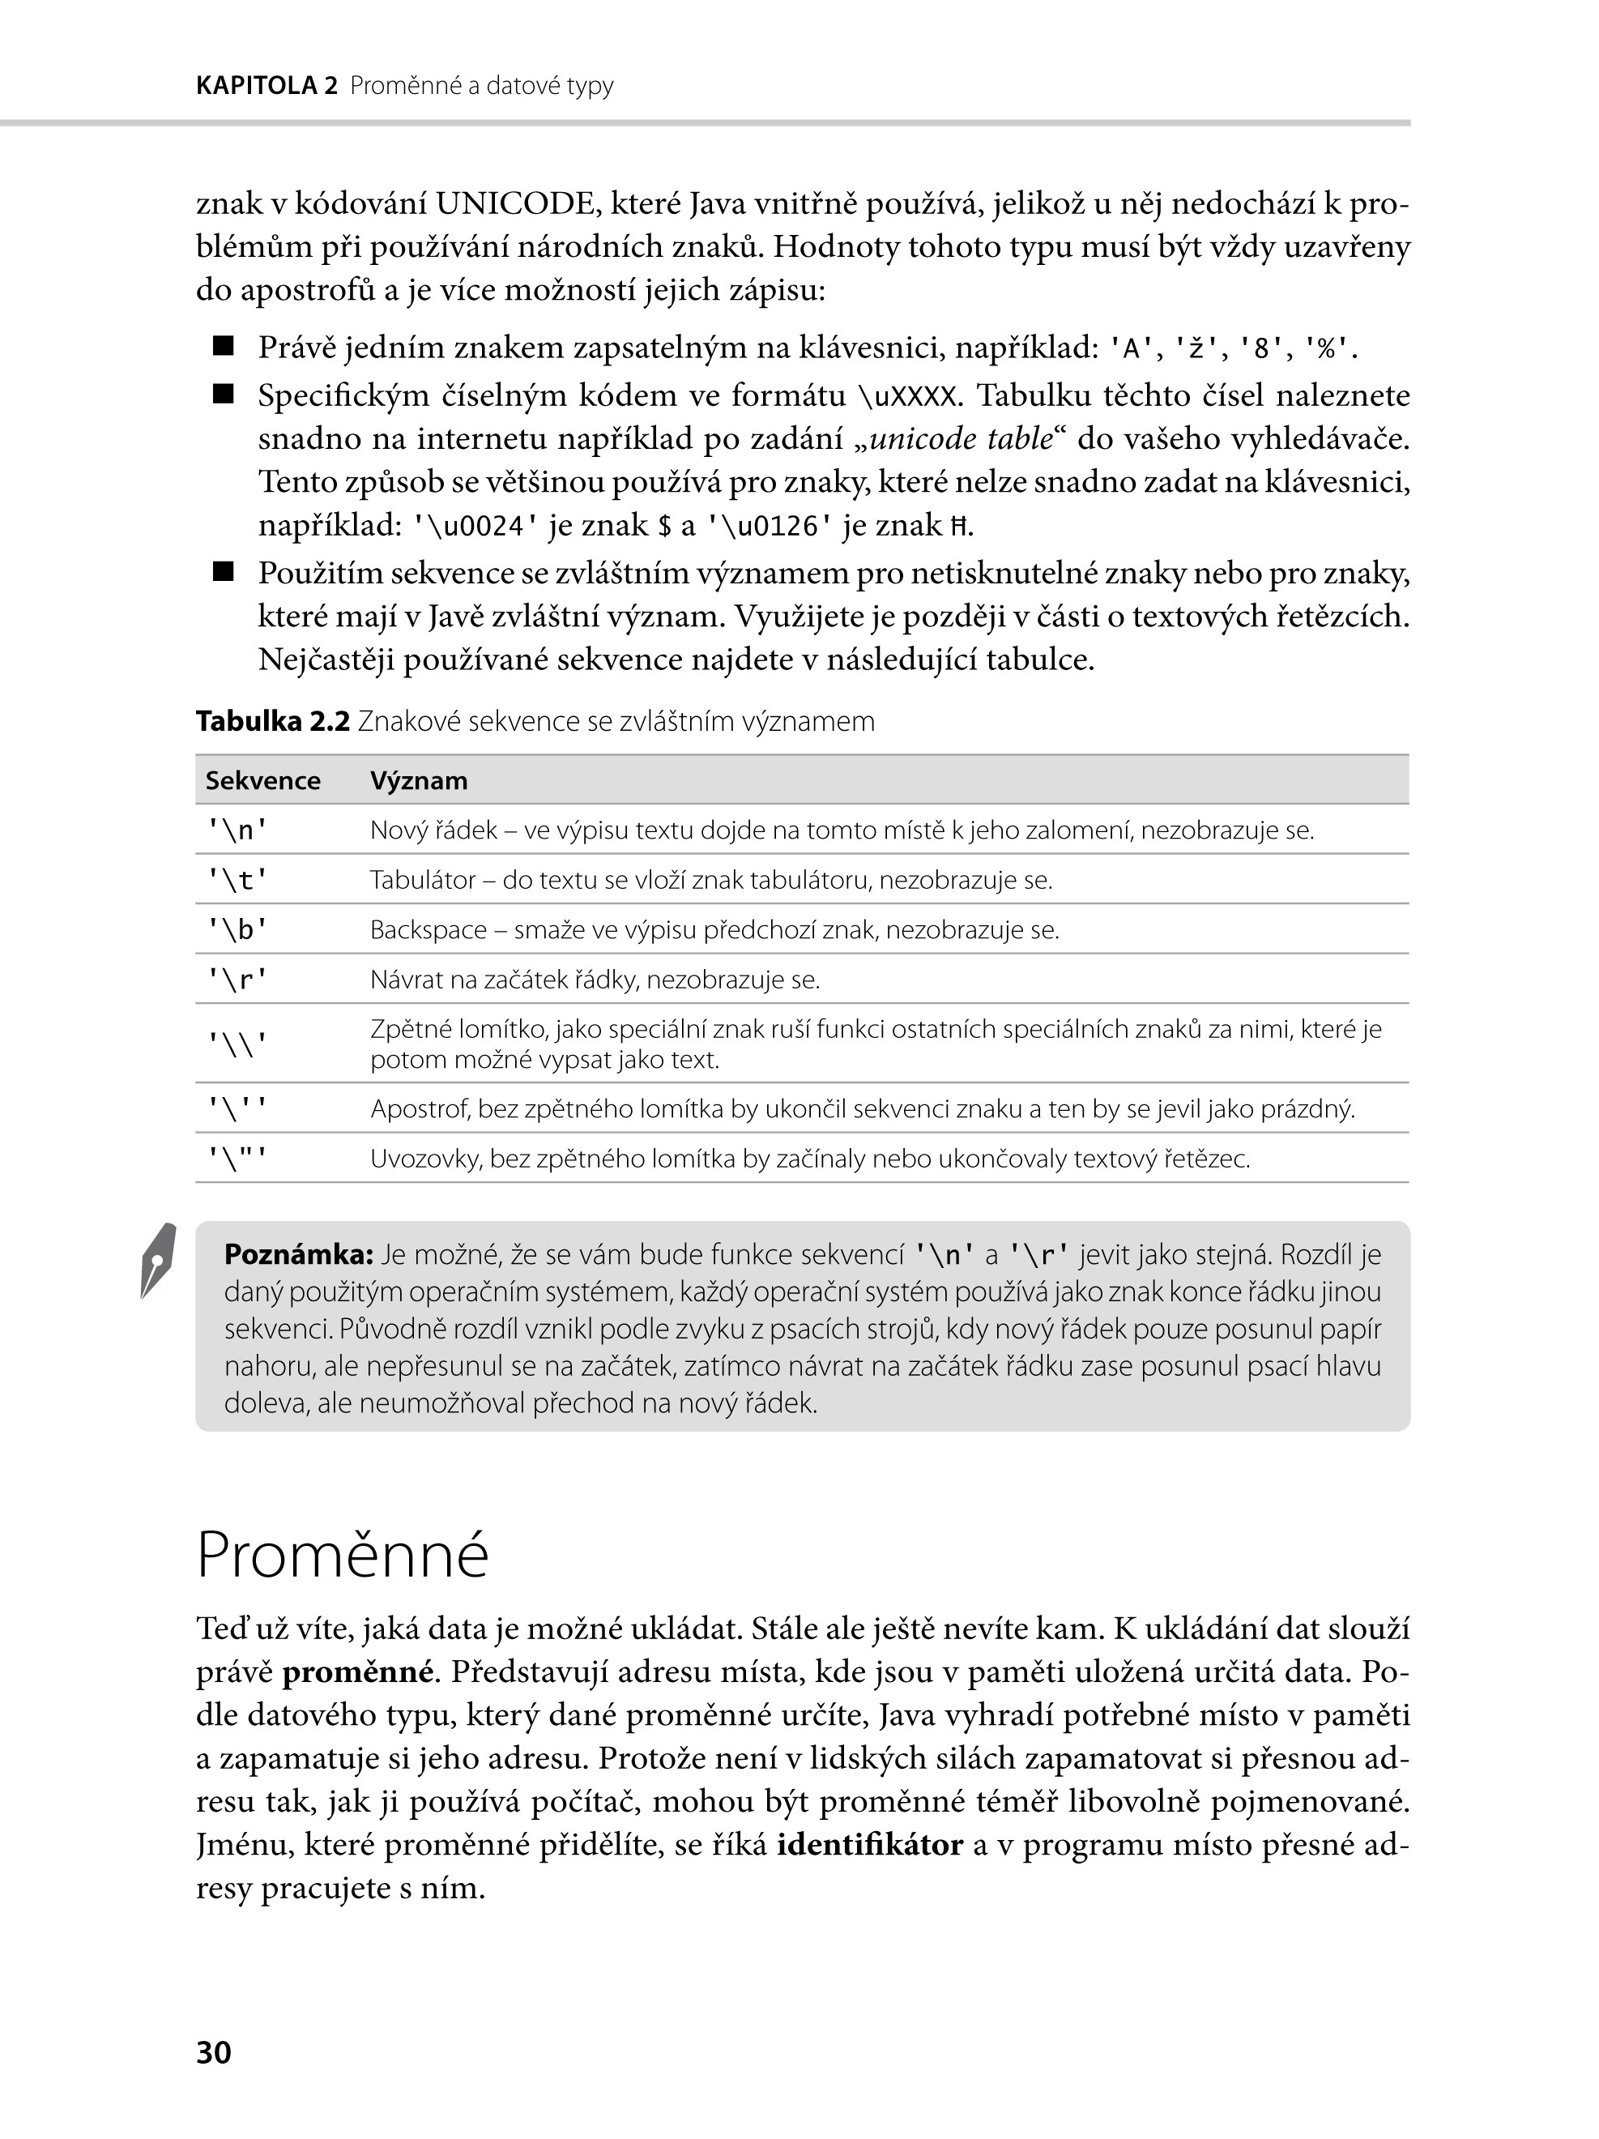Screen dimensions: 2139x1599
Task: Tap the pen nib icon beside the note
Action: (159, 1260)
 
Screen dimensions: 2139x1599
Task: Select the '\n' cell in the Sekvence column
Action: (237, 830)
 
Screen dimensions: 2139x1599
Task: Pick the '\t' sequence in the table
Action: (237, 880)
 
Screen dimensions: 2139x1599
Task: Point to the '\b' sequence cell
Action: (237, 930)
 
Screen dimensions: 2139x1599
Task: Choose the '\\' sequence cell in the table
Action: (237, 1044)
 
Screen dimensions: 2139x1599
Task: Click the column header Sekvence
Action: (263, 780)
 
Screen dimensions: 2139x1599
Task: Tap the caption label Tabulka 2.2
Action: (273, 721)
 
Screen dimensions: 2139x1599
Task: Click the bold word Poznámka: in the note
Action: (299, 1255)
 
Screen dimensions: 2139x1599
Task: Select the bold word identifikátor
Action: (870, 1845)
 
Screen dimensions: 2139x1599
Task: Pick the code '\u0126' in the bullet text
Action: (770, 527)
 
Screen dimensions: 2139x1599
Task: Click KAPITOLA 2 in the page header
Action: (266, 86)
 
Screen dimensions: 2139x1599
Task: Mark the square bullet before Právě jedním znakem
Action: (224, 346)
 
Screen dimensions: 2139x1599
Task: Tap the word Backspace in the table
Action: (429, 930)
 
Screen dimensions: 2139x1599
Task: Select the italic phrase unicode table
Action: (961, 439)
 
